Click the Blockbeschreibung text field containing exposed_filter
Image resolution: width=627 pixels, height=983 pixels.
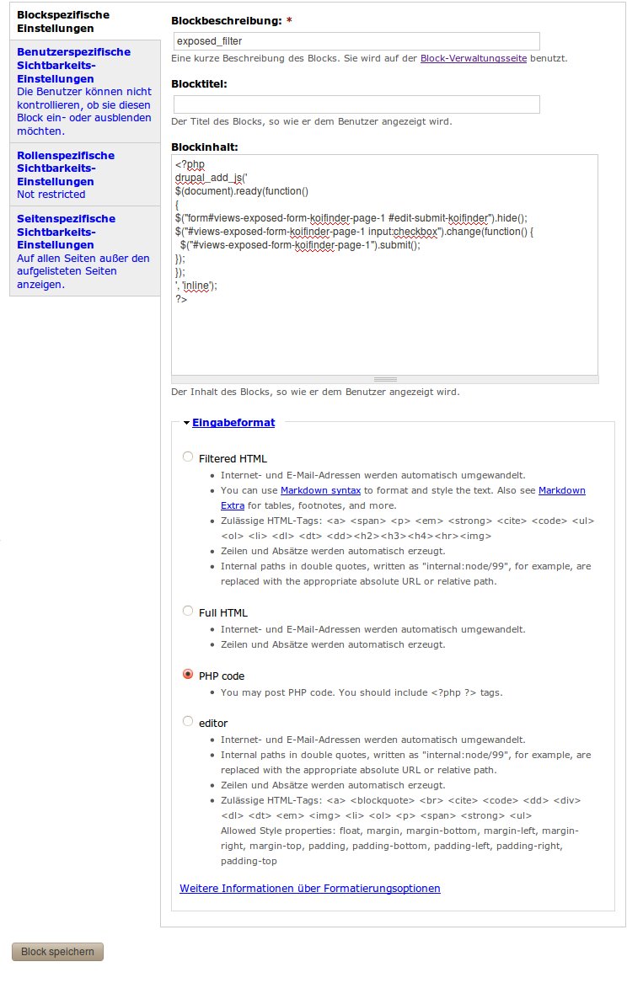[356, 40]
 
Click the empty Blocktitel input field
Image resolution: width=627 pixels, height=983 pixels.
[356, 104]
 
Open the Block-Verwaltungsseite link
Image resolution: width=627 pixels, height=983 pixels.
[473, 59]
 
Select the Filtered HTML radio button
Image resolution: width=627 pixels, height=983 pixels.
[188, 457]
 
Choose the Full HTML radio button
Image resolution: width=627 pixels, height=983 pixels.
[188, 612]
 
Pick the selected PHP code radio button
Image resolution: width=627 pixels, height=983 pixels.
[188, 675]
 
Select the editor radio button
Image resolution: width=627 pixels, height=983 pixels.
[188, 722]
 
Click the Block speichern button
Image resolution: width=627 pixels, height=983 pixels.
[57, 952]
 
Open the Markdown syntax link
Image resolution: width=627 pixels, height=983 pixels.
[320, 490]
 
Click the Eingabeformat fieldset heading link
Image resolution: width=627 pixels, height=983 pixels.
[233, 423]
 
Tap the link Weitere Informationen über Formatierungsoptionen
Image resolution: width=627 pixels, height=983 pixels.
[309, 889]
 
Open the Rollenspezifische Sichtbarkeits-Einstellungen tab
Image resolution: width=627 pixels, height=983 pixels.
[66, 168]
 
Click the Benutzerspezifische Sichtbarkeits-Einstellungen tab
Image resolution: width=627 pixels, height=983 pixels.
[73, 64]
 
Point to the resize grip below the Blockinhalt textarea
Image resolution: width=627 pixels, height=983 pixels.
[384, 380]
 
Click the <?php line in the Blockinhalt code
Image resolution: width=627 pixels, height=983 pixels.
[190, 165]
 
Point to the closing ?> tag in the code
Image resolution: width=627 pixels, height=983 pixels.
[181, 299]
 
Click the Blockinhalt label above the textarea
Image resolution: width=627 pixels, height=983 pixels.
[205, 147]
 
